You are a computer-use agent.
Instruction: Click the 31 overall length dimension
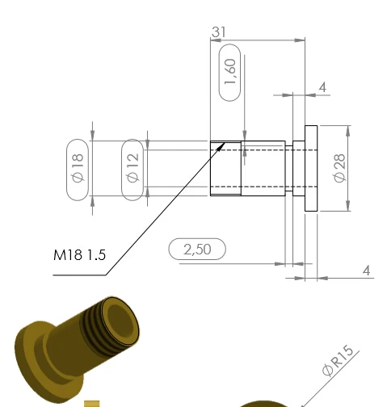[219, 31]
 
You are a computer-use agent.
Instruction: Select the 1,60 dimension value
[230, 72]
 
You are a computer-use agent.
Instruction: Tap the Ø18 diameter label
[78, 168]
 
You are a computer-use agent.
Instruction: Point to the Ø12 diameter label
[133, 167]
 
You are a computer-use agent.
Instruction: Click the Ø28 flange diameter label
[339, 168]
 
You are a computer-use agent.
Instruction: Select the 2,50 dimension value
[197, 250]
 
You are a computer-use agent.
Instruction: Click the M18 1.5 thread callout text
[80, 254]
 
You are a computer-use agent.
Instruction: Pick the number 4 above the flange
[322, 87]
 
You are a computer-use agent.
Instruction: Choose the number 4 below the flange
[367, 271]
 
